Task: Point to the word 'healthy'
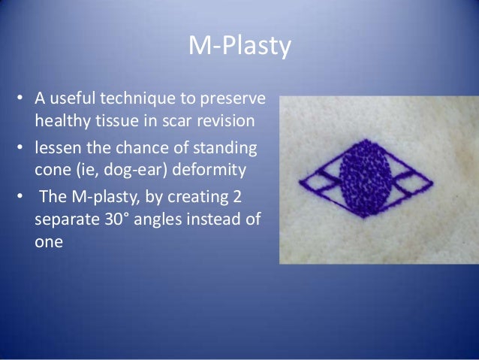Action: [x=61, y=120]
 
